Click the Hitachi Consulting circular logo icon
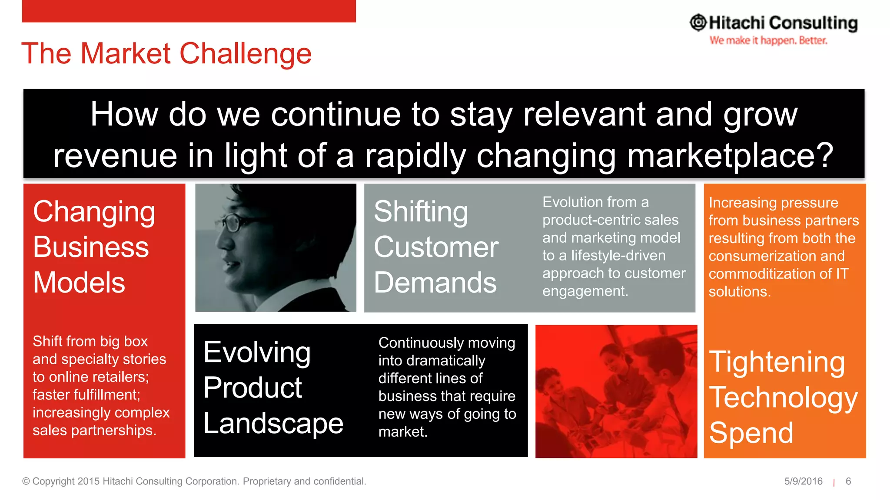click(x=698, y=23)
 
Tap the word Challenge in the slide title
click(x=246, y=54)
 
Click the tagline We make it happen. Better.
click(x=768, y=40)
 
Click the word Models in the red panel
click(x=79, y=283)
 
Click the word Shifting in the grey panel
click(x=421, y=212)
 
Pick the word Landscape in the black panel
click(x=273, y=423)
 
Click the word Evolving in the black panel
click(x=257, y=352)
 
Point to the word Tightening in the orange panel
click(x=777, y=362)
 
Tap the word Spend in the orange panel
click(x=751, y=433)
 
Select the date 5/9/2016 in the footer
click(x=803, y=481)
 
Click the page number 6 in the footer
click(x=848, y=481)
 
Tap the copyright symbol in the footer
click(x=26, y=481)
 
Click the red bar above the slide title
click(x=189, y=11)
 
